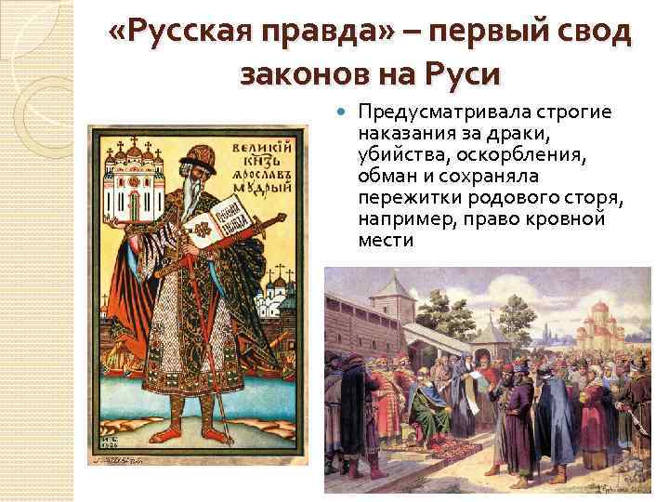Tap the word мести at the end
click(x=383, y=241)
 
